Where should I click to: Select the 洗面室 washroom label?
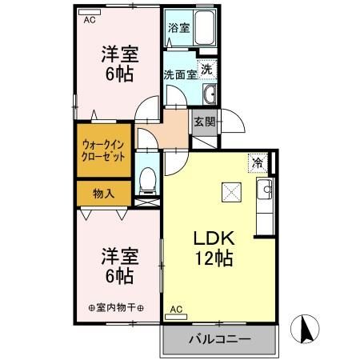tap(181, 75)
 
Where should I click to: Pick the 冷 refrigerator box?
tap(258, 162)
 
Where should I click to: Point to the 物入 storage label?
tap(103, 193)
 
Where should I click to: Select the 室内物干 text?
tap(115, 308)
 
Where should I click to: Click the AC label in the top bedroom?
tap(90, 18)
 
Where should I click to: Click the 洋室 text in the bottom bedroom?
tap(119, 256)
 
